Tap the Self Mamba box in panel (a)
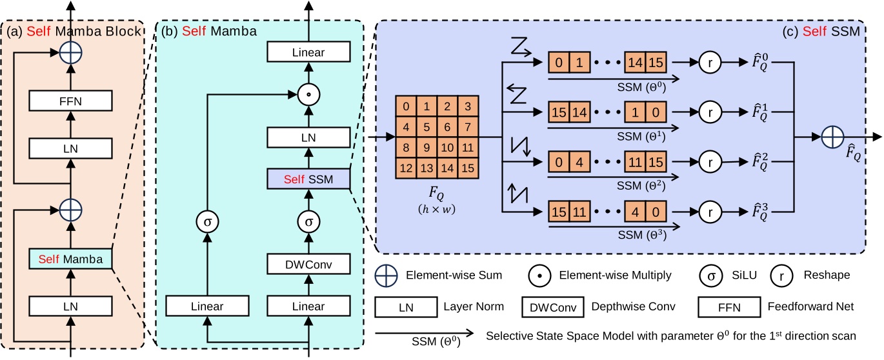70,259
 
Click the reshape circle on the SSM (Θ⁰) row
709,62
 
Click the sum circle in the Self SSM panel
834,137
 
